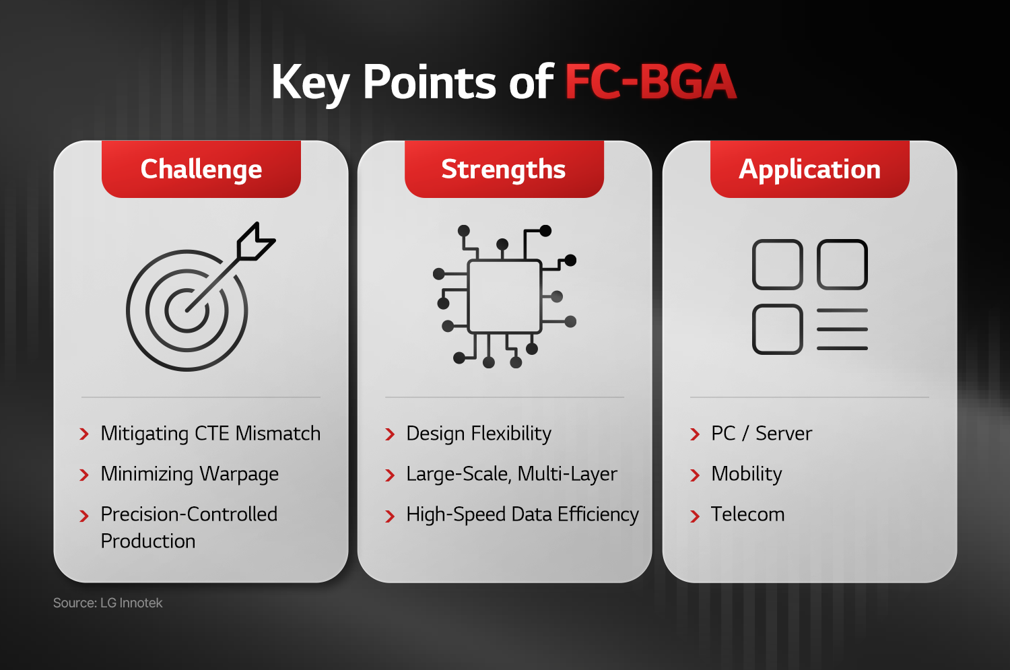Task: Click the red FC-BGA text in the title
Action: [650, 82]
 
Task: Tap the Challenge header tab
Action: [201, 169]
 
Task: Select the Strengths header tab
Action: [504, 169]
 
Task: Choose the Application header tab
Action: [810, 169]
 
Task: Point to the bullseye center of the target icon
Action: [187, 310]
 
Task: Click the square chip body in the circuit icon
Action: [504, 297]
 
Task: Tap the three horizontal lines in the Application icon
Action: [842, 329]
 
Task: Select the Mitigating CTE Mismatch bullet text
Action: [211, 434]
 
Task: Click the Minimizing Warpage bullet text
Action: [190, 474]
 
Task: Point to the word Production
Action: [148, 541]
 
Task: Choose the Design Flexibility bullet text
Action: [479, 434]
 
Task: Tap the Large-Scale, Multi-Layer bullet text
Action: [512, 474]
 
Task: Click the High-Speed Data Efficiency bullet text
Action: [523, 515]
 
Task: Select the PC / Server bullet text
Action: [762, 433]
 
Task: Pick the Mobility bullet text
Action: [747, 474]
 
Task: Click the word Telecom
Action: [748, 514]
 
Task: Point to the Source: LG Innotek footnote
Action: [108, 603]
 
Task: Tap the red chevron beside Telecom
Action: [695, 516]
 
